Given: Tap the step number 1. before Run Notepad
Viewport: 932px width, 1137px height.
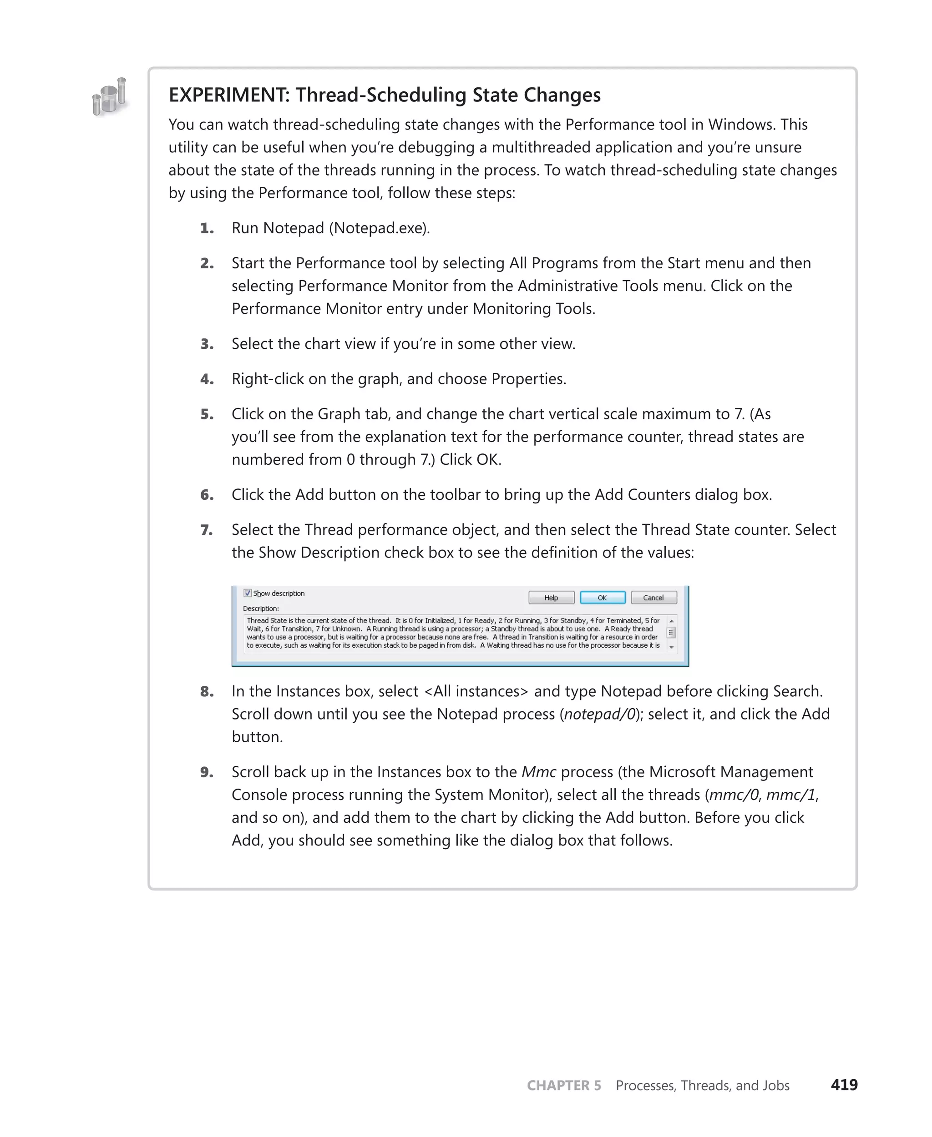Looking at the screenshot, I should point(207,229).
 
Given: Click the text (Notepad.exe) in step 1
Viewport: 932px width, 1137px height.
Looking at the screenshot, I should point(379,229).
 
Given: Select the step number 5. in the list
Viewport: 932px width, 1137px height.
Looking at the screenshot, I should point(207,414).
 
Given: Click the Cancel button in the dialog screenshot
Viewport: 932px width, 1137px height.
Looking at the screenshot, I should point(653,598).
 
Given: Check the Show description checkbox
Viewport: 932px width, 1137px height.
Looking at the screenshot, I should point(248,593).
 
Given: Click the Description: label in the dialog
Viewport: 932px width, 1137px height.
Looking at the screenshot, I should point(261,609).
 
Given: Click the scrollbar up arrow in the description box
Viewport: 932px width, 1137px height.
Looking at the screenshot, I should point(671,621).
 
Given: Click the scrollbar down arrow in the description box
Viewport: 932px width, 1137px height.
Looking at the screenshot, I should point(671,647).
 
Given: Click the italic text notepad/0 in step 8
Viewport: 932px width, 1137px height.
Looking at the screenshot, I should point(600,714).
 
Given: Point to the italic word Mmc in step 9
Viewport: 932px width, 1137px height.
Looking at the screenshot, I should point(538,772).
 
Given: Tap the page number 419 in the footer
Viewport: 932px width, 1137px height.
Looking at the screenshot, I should point(844,1085).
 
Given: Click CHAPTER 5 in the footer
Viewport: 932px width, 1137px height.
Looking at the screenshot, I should point(564,1086).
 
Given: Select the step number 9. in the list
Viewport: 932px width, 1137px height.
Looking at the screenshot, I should point(207,773).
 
